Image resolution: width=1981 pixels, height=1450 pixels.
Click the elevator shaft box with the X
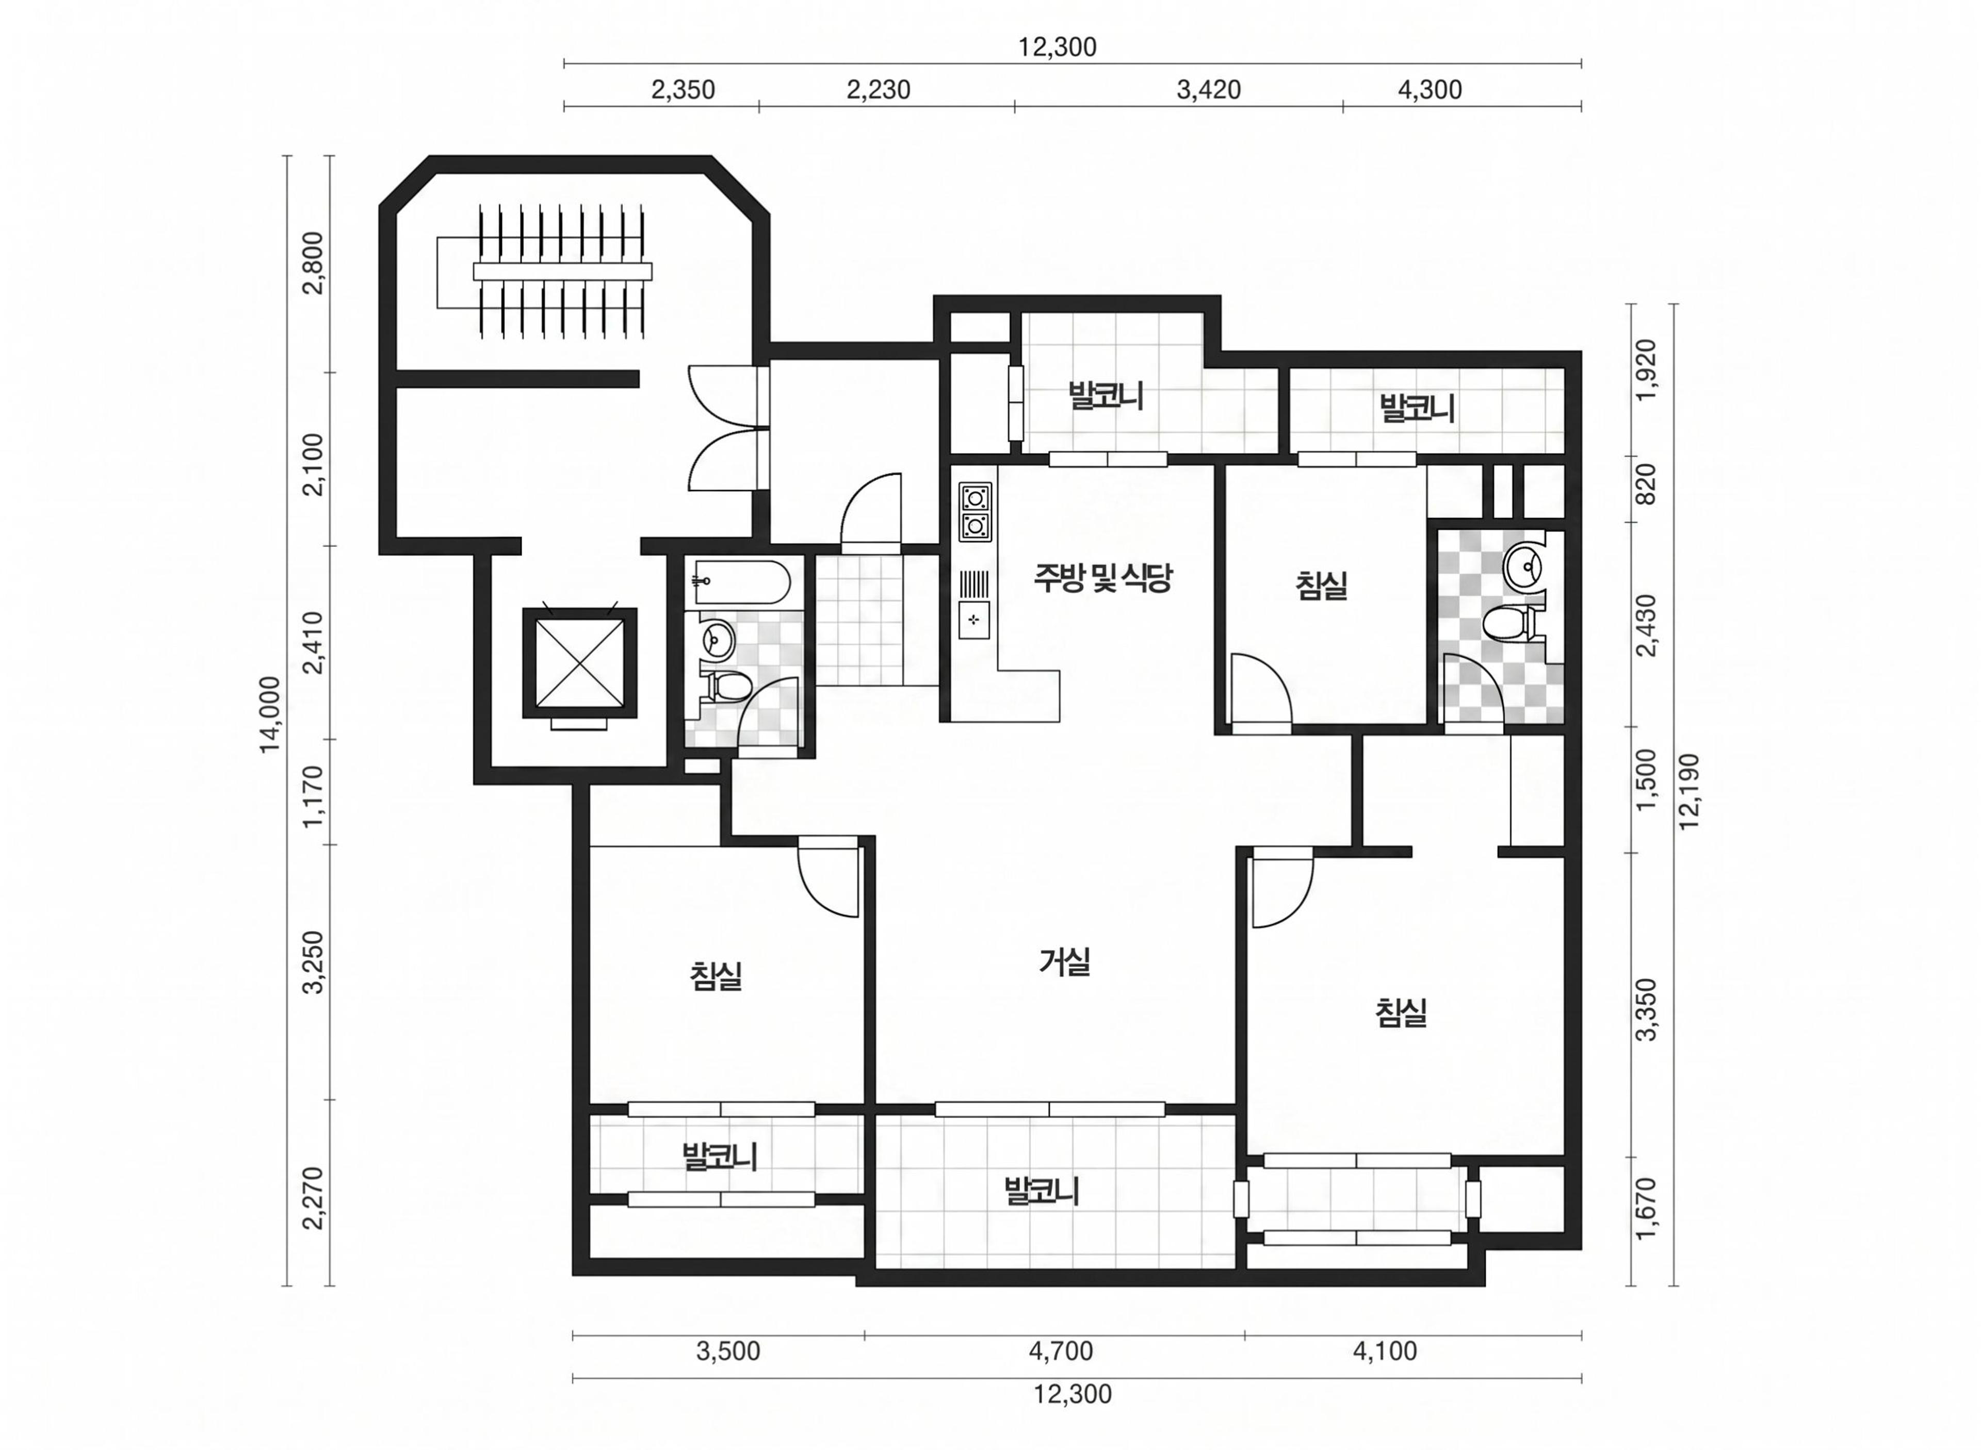pos(579,663)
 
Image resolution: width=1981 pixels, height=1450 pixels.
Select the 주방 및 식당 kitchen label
pos(1102,578)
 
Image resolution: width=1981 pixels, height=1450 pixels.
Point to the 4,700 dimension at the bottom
pos(1061,1351)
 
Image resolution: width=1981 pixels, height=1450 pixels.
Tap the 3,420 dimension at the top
pos(1209,90)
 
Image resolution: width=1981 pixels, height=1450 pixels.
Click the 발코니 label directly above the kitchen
pos(1105,395)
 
